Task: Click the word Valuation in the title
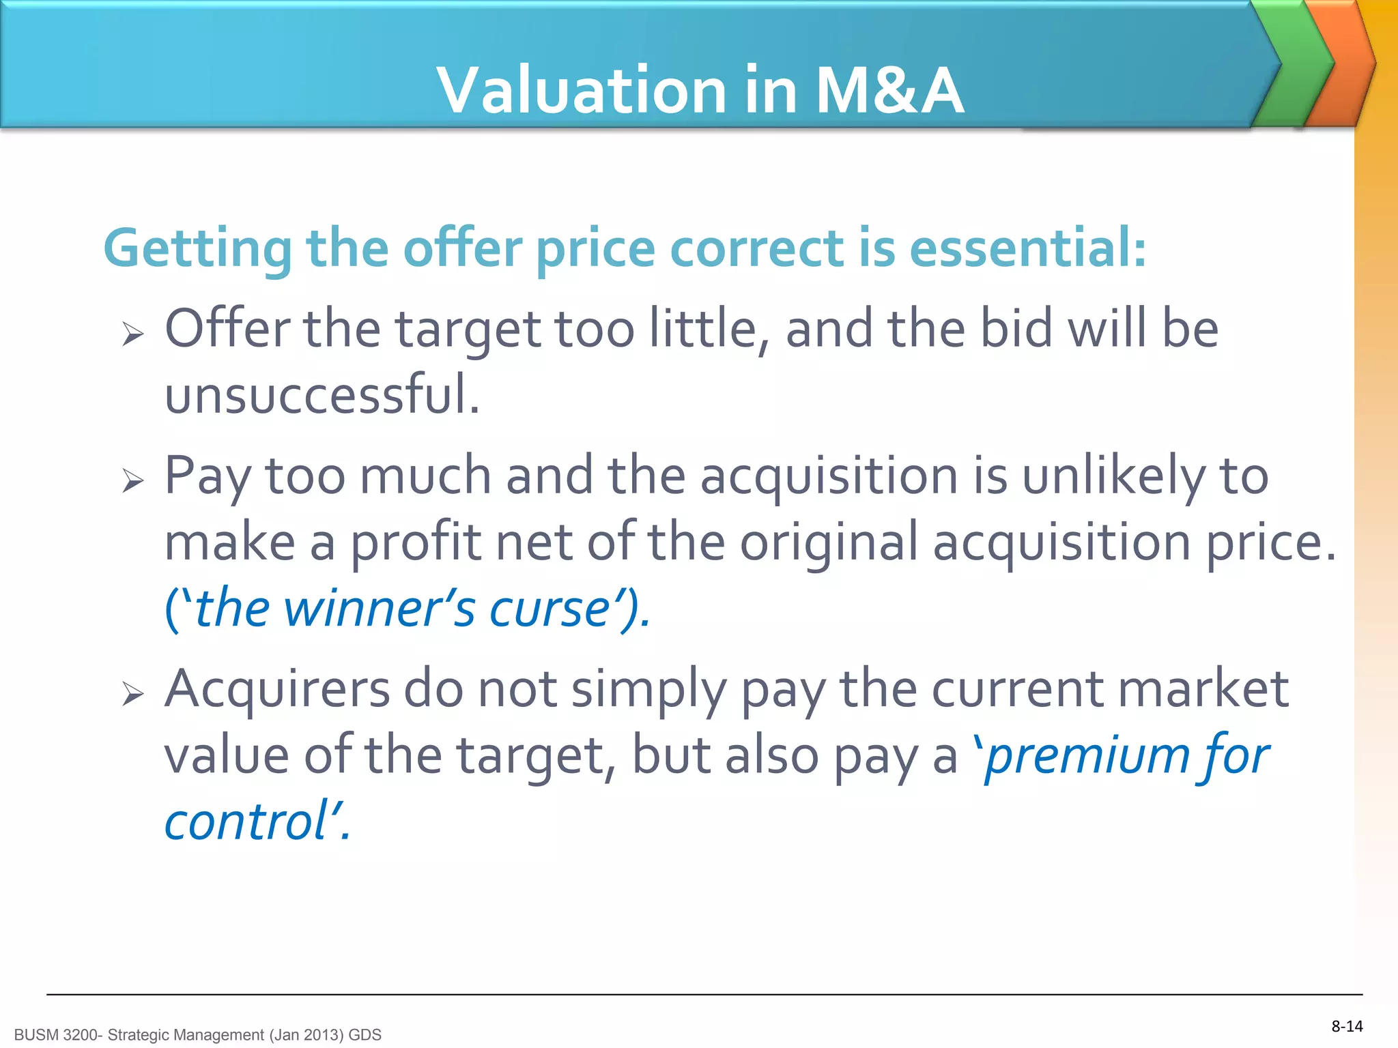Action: tap(582, 90)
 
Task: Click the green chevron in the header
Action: tap(1292, 65)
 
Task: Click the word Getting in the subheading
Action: tap(197, 250)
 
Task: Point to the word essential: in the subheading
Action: tap(1027, 248)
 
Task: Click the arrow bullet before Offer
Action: tap(133, 334)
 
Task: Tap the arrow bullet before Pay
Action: tap(133, 481)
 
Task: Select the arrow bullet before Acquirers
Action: tap(133, 695)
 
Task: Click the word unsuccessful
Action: tap(322, 395)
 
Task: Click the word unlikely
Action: tap(1113, 477)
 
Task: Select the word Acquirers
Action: tap(277, 689)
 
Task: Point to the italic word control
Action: tap(247, 822)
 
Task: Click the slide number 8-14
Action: tap(1347, 1026)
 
